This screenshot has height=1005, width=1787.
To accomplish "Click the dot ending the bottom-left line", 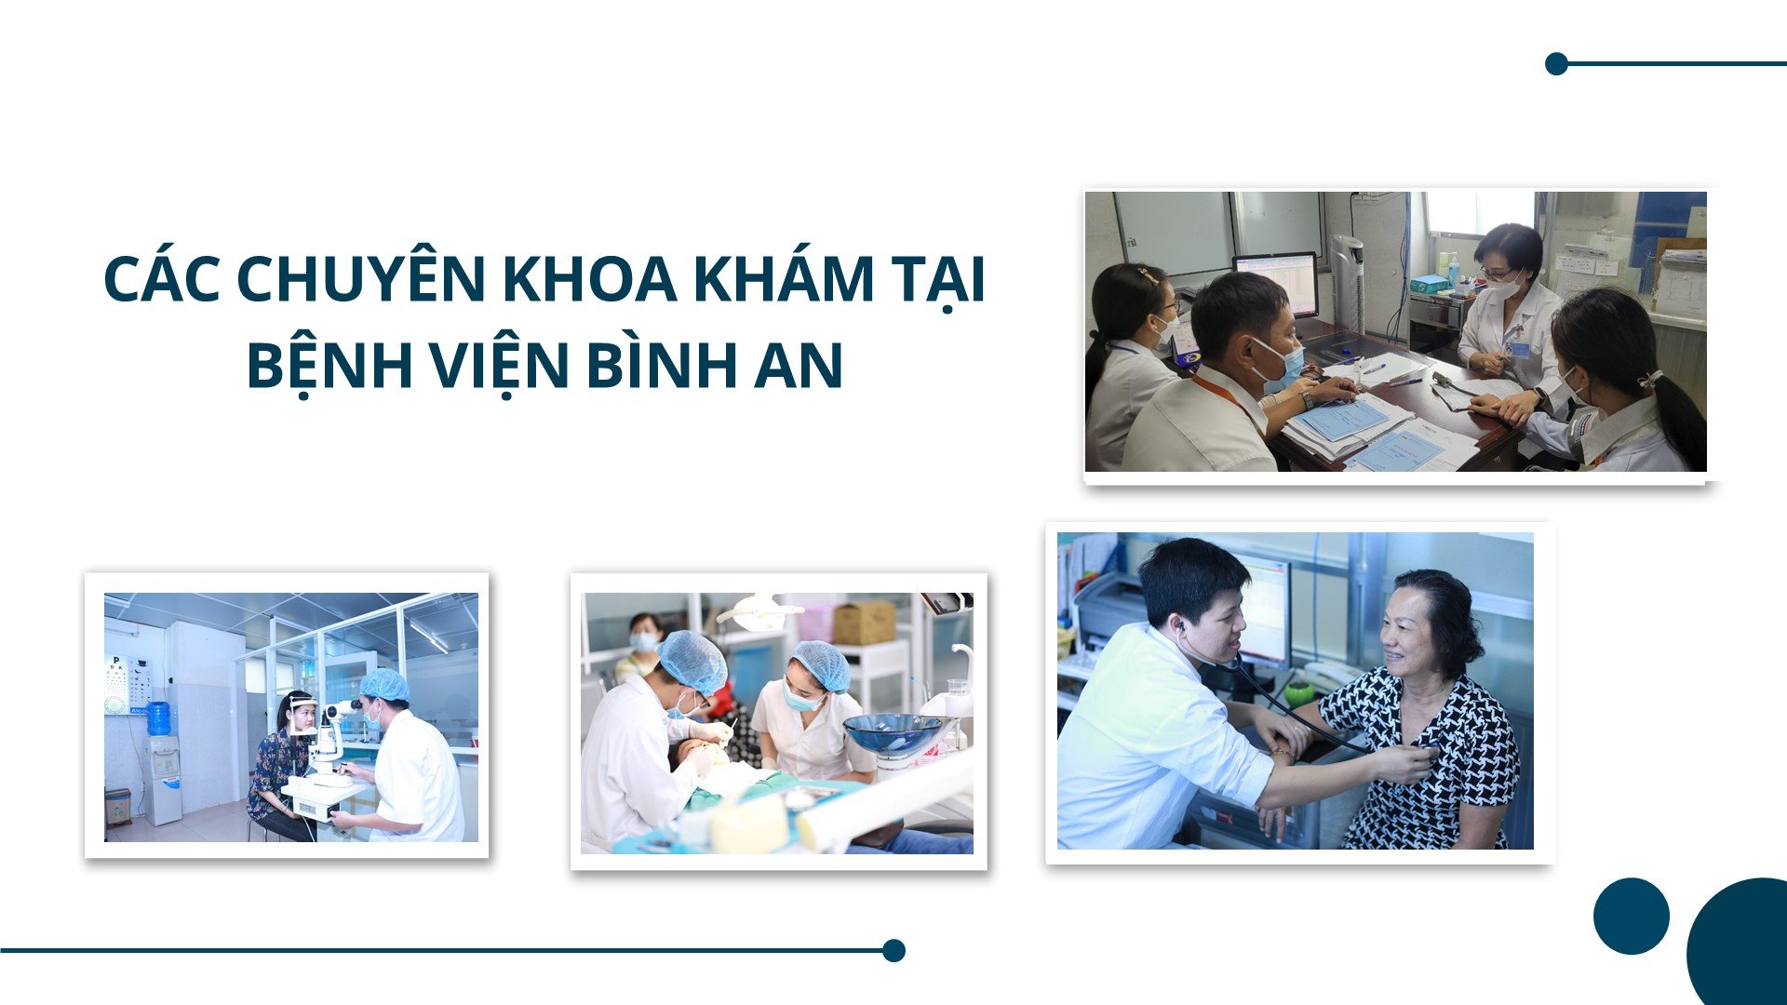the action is (x=893, y=950).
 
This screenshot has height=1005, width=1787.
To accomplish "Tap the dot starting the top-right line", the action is (x=1556, y=63).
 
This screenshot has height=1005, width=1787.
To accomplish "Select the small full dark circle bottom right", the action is (x=1631, y=916).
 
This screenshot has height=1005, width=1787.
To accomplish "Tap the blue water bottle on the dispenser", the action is (x=159, y=718).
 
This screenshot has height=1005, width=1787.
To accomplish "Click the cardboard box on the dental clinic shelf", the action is (x=864, y=622).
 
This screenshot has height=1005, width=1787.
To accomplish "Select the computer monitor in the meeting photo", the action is (x=1274, y=282).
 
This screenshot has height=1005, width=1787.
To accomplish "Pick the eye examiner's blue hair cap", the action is (x=384, y=685).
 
